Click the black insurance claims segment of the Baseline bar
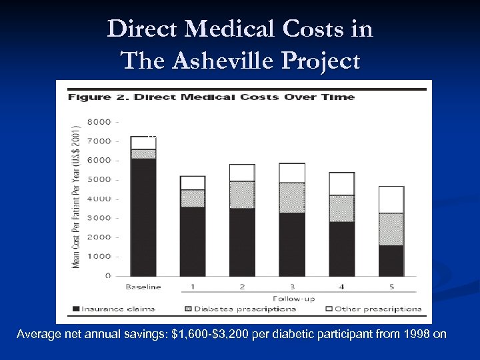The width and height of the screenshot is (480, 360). click(x=143, y=217)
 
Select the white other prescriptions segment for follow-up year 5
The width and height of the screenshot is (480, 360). click(x=391, y=199)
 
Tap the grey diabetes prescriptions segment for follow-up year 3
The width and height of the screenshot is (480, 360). click(x=292, y=197)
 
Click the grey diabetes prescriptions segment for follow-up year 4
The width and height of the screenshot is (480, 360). click(x=341, y=208)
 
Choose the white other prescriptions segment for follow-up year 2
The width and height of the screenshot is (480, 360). click(x=242, y=173)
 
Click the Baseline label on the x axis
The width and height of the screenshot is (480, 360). click(x=143, y=287)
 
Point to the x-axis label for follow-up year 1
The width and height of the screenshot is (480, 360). click(x=193, y=287)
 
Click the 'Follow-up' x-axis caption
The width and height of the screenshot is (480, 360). click(x=291, y=298)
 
